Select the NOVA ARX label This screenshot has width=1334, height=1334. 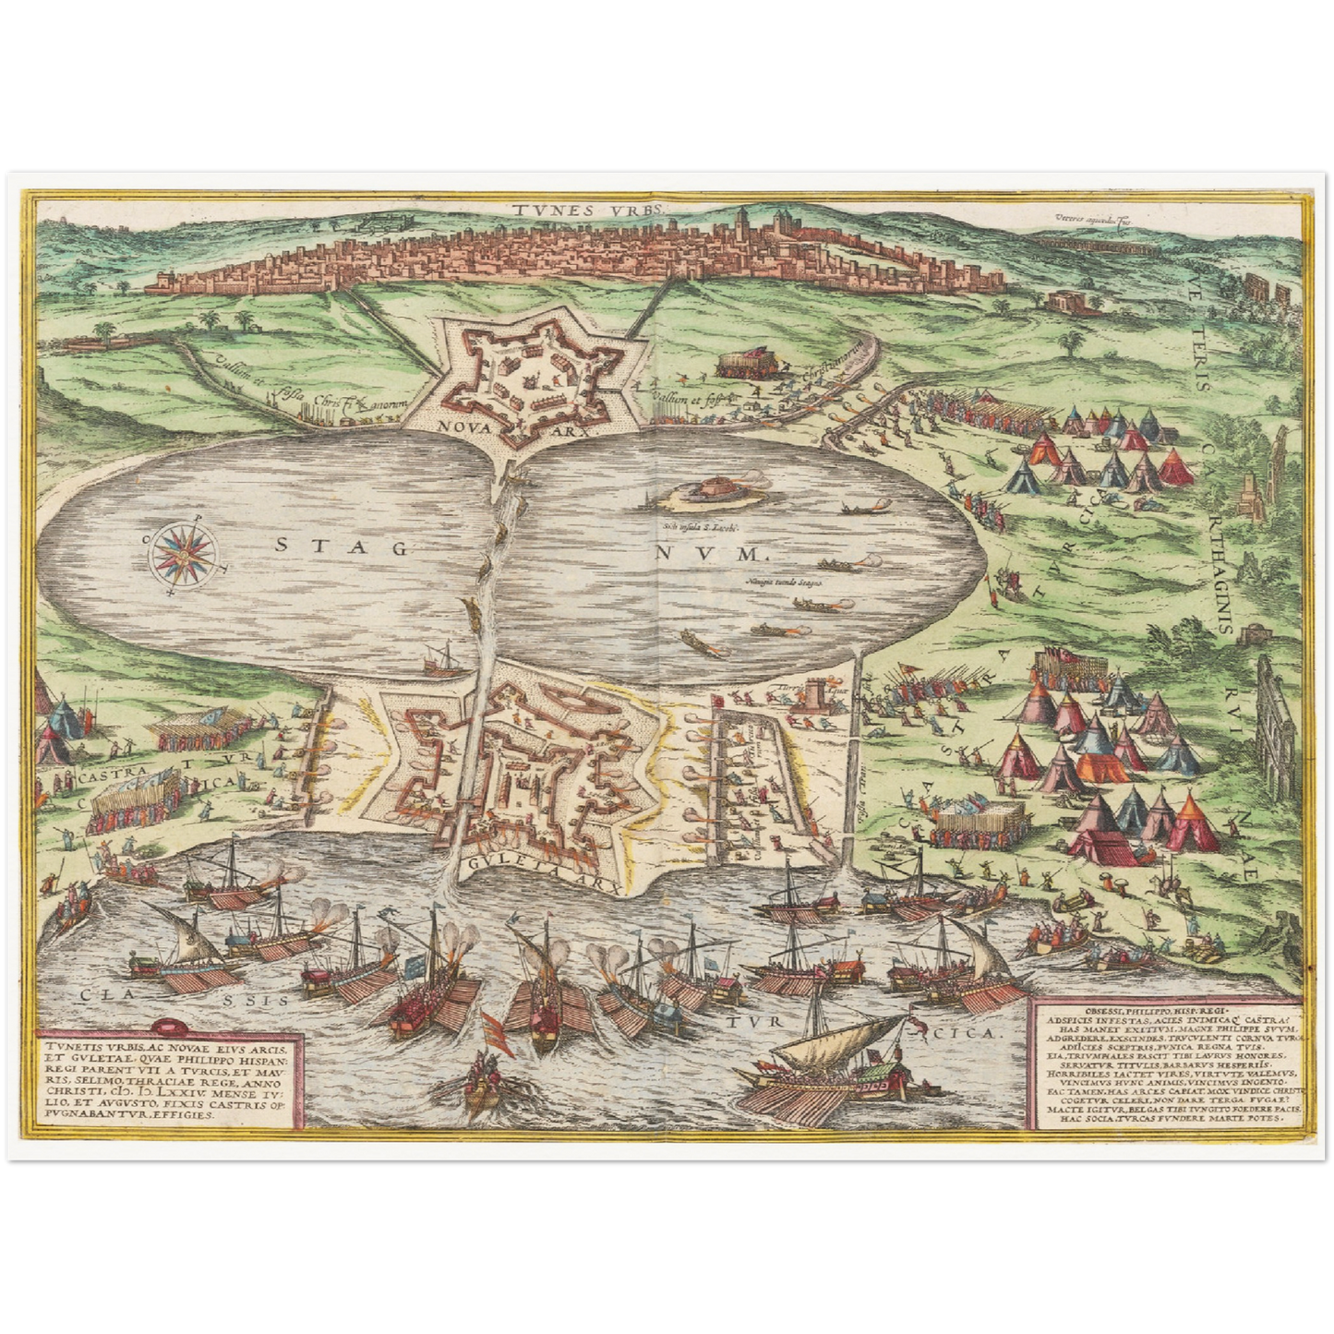tap(478, 427)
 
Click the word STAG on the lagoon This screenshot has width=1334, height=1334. tap(342, 547)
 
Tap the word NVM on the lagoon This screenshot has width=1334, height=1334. tap(711, 554)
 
